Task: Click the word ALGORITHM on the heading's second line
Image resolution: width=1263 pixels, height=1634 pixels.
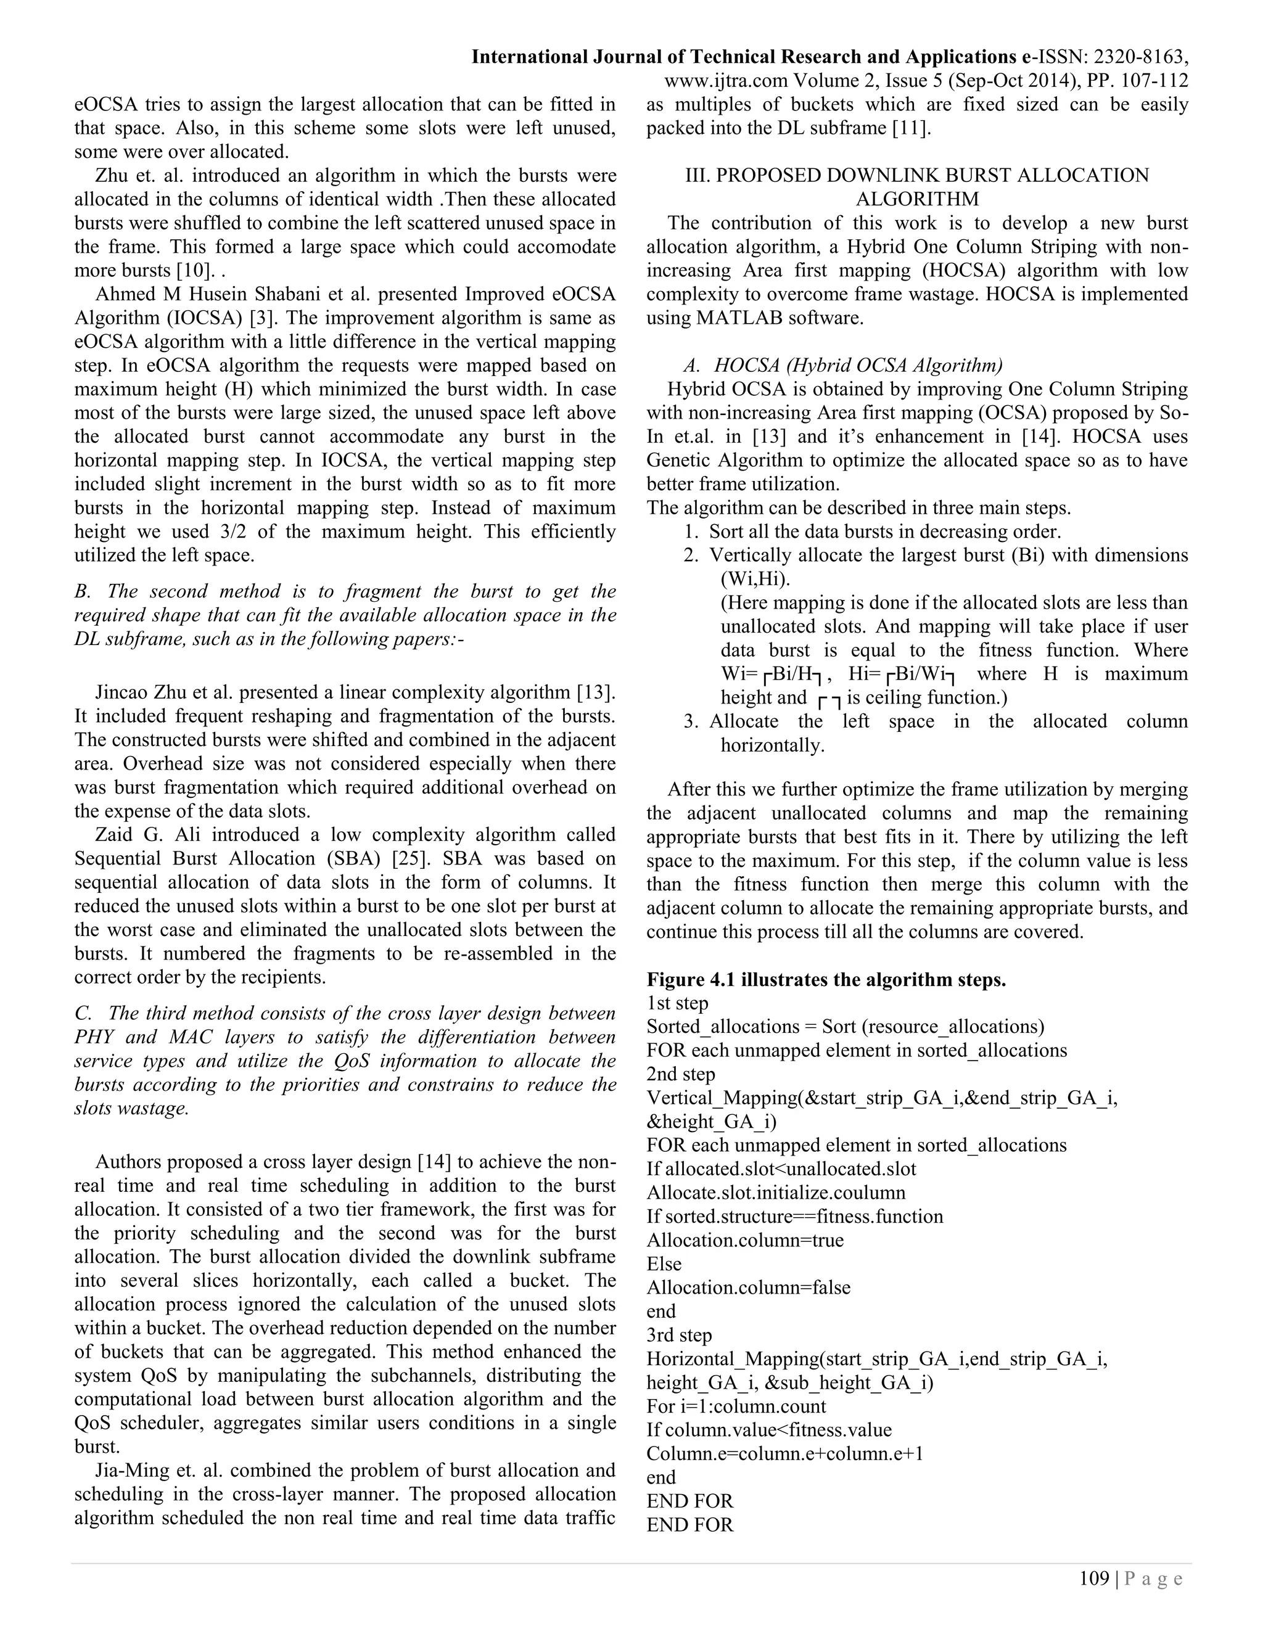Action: click(x=916, y=199)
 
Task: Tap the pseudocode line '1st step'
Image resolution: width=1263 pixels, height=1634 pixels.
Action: click(x=677, y=1003)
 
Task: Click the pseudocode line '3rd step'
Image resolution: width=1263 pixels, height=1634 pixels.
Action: click(x=680, y=1335)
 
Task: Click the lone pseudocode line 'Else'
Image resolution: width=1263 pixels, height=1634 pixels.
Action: click(x=664, y=1263)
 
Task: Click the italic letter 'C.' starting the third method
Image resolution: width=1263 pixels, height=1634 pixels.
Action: click(x=83, y=1013)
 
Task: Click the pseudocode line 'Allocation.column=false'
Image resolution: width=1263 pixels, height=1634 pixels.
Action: click(x=748, y=1287)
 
